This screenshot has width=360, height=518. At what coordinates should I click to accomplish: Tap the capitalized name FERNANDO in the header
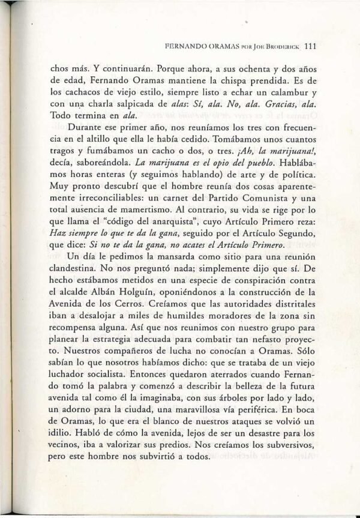tap(190, 44)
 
